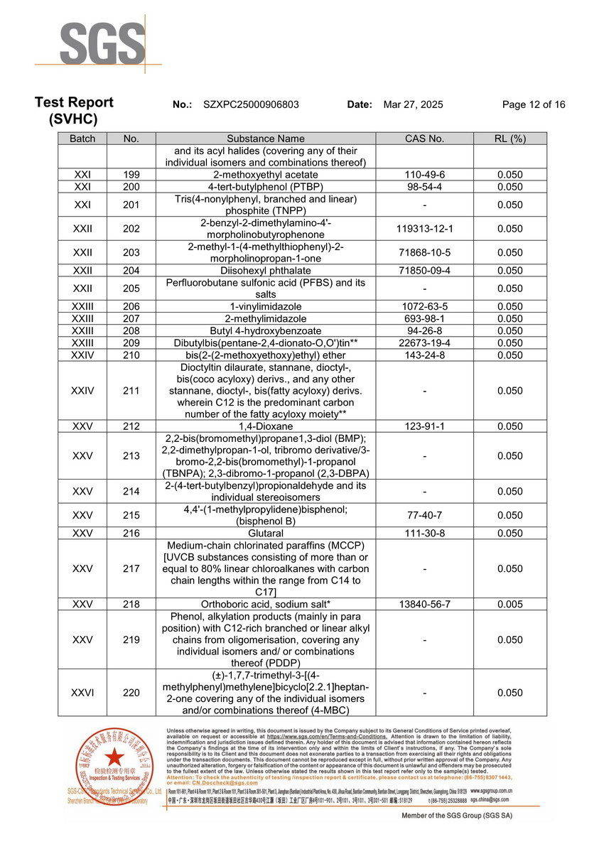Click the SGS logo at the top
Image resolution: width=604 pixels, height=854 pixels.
[x=102, y=44]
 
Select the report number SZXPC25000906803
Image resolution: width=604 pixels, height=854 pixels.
[x=251, y=104]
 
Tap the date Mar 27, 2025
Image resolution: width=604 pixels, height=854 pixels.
[x=413, y=104]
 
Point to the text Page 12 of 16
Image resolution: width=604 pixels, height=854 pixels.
[x=534, y=104]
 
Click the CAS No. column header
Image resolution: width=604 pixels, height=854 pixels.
[x=424, y=139]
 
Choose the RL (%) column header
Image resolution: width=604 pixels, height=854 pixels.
[x=509, y=139]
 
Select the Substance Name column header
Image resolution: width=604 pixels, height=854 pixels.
[x=266, y=139]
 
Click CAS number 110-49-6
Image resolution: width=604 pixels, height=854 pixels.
[x=424, y=175]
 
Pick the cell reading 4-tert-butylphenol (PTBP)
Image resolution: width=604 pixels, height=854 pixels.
[x=266, y=187]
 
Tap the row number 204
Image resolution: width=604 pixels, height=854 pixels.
[x=131, y=271]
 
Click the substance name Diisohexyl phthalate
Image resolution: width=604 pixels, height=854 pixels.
[x=266, y=271]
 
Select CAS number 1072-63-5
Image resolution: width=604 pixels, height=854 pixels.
[x=424, y=306]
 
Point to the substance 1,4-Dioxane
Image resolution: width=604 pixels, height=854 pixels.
[x=266, y=426]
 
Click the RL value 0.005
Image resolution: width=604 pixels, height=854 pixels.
[x=509, y=604]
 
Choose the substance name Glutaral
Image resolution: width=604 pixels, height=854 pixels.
[x=266, y=533]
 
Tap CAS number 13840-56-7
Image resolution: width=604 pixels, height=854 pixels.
[x=424, y=604]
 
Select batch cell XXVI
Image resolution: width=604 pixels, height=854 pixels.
[x=82, y=693]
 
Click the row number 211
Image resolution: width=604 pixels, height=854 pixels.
[x=131, y=391]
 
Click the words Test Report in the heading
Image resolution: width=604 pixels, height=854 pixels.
[x=74, y=102]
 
